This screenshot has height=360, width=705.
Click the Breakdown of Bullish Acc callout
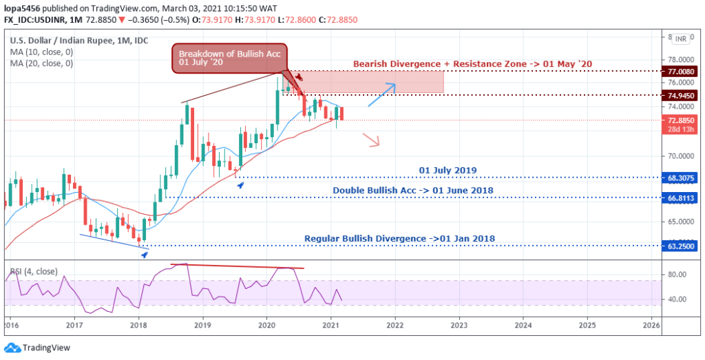pos(229,59)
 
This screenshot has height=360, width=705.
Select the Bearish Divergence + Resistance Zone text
pos(472,64)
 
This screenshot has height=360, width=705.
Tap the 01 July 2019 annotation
pos(448,169)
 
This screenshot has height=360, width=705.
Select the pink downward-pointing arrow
pos(372,140)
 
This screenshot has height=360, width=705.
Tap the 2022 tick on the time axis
pos(394,324)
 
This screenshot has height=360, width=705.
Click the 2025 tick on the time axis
pos(587,324)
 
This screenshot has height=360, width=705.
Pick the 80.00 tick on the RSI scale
pos(677,275)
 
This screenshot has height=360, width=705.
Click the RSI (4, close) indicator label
pos(34,271)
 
